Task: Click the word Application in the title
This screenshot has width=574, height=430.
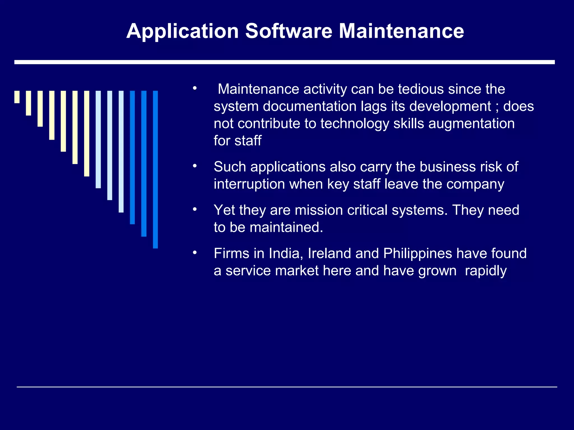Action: coord(182,31)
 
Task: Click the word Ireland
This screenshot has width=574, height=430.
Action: coord(329,253)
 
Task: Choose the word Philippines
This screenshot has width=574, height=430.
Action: coord(418,254)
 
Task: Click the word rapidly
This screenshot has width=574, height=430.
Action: coord(485,271)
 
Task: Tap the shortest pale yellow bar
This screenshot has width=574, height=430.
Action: coord(17,97)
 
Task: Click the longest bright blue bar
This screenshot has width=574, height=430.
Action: coord(155,169)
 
